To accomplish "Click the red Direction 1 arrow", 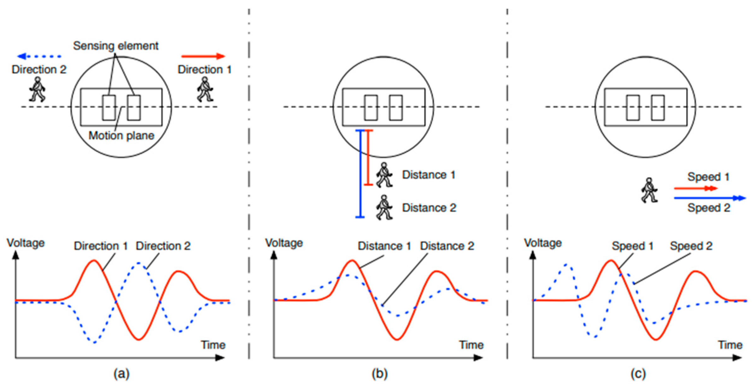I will coord(203,56).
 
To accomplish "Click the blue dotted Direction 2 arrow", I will coord(39,56).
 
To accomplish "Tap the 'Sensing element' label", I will coord(115,46).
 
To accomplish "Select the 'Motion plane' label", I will coord(121,136).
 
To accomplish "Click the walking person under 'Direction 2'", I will coord(37,89).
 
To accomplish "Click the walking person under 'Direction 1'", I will coord(205,89).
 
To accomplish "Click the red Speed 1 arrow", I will coord(695,189).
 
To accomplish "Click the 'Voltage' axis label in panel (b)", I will coord(284,243).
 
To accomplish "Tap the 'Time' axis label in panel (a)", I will coord(213,345).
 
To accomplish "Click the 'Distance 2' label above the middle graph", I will coord(447,246).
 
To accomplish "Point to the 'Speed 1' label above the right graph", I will coord(632,246).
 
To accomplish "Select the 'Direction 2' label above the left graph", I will coord(163,246).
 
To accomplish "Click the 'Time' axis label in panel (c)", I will coord(730,345).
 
